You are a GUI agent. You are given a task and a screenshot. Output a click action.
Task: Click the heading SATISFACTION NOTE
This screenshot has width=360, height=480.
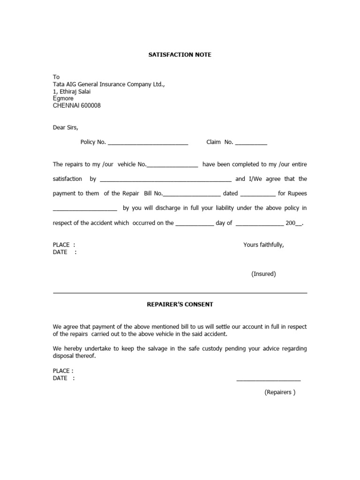click(x=180, y=55)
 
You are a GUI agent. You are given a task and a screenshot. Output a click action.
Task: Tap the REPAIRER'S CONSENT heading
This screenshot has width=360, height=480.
click(x=180, y=304)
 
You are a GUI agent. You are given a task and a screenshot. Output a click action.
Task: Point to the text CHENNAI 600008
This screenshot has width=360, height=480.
click(x=76, y=106)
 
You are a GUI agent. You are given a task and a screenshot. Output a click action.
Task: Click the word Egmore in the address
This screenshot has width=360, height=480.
click(x=63, y=99)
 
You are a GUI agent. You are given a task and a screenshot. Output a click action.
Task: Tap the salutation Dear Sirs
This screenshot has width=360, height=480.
click(x=66, y=127)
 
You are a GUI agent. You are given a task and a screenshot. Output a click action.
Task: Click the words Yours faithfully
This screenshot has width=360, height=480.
click(x=263, y=245)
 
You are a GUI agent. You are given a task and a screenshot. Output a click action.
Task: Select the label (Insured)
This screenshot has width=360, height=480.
click(x=263, y=274)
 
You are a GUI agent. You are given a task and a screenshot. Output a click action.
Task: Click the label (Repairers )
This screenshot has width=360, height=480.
click(x=280, y=392)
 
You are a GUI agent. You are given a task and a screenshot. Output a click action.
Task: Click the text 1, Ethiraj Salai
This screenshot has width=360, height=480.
click(x=72, y=92)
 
